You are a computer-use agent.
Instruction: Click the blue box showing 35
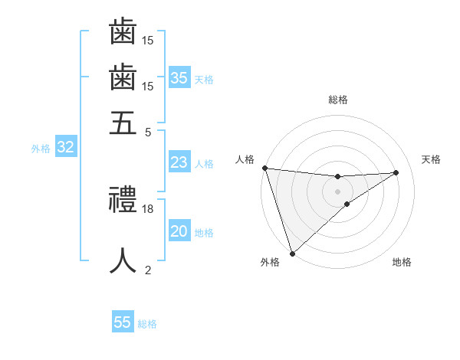click(x=179, y=77)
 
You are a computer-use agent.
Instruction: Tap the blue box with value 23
click(x=179, y=162)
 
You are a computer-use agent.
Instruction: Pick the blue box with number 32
click(x=65, y=148)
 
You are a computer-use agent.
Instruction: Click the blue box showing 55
click(x=123, y=322)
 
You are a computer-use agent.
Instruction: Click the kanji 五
click(x=123, y=122)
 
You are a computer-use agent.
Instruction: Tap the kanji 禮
click(x=123, y=201)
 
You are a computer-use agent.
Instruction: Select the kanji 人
click(x=123, y=260)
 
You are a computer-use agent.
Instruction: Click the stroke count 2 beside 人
click(x=148, y=270)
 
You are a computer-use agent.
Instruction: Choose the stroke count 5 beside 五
click(x=148, y=131)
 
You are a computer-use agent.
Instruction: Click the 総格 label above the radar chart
click(x=337, y=100)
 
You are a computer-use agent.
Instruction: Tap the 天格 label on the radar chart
click(x=431, y=159)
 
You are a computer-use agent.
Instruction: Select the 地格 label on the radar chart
click(x=402, y=262)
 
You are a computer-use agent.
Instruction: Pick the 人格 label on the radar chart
click(x=245, y=159)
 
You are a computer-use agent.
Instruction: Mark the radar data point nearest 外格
click(x=292, y=253)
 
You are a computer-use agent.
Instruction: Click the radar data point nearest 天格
click(x=396, y=172)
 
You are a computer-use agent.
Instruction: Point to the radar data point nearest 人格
click(x=264, y=168)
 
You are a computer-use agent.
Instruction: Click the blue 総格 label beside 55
click(x=147, y=324)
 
